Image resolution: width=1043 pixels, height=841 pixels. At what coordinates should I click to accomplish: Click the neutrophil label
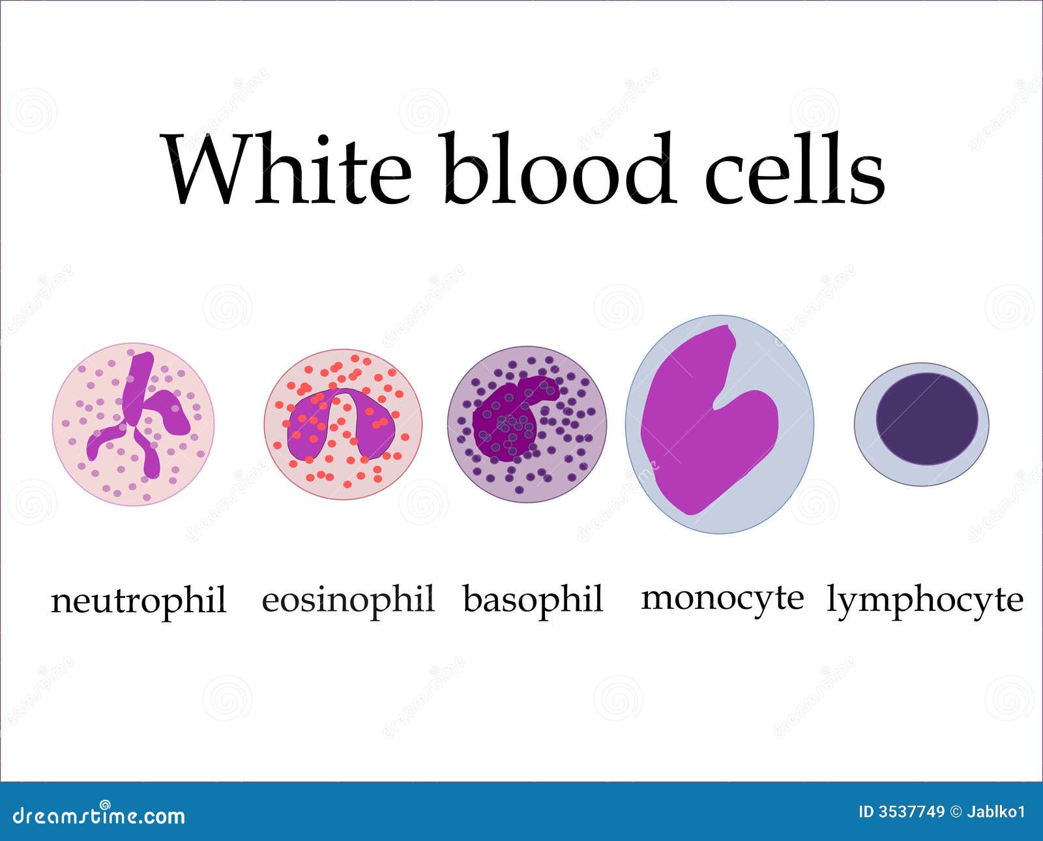tap(139, 600)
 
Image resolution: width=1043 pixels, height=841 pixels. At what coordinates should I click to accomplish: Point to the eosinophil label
tap(348, 599)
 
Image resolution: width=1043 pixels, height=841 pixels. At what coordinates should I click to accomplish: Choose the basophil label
tap(533, 599)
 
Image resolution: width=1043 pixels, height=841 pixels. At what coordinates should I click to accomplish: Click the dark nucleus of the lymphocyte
tap(926, 419)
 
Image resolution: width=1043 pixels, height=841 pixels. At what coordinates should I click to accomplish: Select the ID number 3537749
tap(912, 812)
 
